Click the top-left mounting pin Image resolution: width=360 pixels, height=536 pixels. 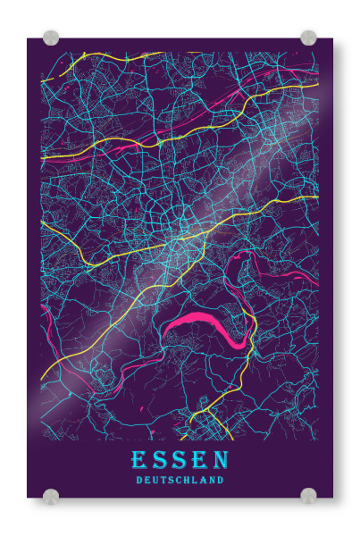(51, 38)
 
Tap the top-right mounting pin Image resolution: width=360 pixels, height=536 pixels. (308, 38)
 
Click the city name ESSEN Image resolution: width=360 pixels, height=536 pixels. (180, 460)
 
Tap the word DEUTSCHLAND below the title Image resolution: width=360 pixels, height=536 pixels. (180, 480)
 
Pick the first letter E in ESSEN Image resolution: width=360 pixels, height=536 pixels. (140, 460)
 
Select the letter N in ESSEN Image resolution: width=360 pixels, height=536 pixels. (219, 460)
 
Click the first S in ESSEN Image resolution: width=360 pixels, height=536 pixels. (161, 460)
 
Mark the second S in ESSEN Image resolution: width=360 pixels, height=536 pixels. (180, 460)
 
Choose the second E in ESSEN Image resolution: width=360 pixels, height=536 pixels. (198, 460)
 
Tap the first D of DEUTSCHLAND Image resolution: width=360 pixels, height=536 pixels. (138, 480)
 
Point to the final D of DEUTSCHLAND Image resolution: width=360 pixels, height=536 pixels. (221, 480)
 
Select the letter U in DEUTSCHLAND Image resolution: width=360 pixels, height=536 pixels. (155, 480)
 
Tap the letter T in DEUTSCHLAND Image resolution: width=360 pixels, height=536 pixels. (163, 480)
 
